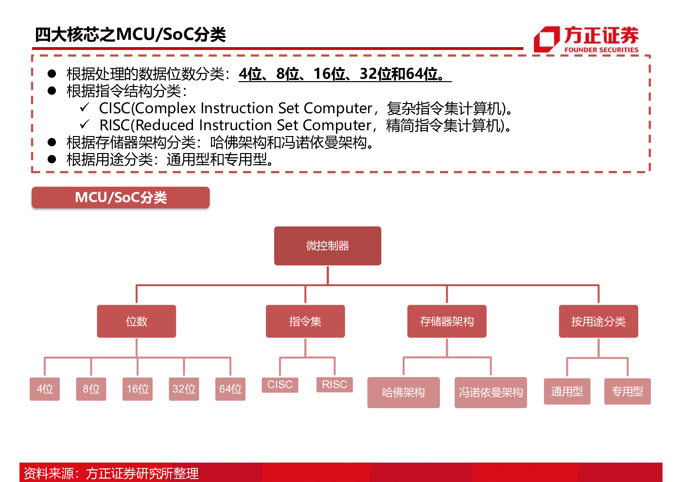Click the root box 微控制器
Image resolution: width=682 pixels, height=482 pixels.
328,246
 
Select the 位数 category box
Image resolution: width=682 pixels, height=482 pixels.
137,321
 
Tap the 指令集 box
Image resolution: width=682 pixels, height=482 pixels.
305,321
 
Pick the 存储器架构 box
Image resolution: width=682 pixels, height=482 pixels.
447,321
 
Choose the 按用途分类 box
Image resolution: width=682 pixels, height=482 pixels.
598,321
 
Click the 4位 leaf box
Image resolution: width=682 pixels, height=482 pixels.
45,389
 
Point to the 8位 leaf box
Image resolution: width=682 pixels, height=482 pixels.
91,389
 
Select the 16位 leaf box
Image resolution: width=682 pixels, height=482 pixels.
138,389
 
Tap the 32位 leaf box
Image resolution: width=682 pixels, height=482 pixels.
184,389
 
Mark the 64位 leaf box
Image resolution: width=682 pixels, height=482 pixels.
230,389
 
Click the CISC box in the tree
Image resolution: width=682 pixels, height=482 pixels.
280,385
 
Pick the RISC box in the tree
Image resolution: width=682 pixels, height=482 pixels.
334,385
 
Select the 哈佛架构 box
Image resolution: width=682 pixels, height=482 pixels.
403,393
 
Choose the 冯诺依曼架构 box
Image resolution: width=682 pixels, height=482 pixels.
491,393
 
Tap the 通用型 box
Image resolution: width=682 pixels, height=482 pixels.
567,391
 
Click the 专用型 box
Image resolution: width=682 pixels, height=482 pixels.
628,391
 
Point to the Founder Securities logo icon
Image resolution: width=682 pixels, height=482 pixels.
546,39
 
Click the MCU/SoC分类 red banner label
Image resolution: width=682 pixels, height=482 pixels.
121,197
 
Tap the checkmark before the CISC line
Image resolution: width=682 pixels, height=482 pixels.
84,107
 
